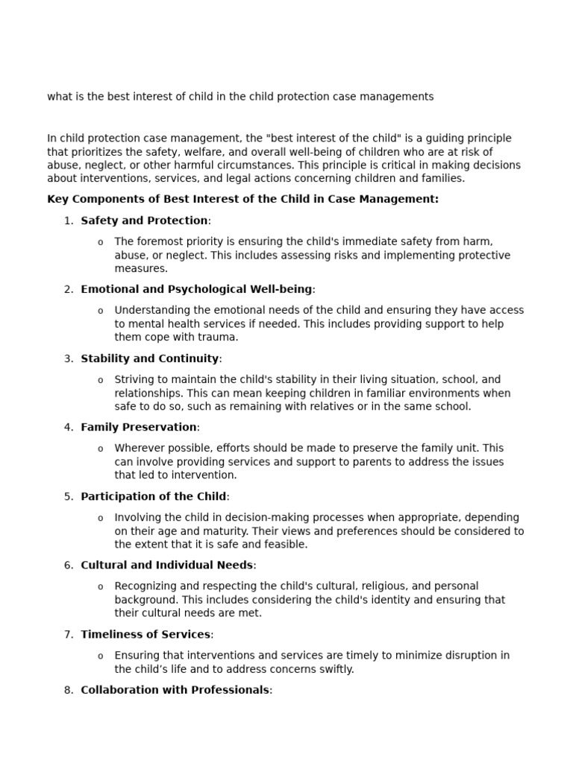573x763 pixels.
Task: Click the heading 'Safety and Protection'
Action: pos(144,221)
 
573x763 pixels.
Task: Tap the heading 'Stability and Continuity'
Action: pos(149,358)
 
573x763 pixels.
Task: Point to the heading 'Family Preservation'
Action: pos(139,427)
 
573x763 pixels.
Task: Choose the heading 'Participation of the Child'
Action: pos(153,496)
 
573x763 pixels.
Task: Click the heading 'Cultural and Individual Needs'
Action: pos(167,565)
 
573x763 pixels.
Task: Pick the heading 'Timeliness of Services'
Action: pos(145,634)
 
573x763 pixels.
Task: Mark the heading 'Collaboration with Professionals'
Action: pos(175,690)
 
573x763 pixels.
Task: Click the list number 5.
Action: pos(69,496)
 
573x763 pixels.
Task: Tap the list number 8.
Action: pos(69,690)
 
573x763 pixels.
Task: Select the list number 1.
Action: pos(69,221)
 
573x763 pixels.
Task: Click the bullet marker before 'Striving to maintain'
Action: pos(101,380)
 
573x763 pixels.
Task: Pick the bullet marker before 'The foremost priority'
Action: pos(101,242)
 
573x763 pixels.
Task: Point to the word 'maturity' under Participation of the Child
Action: pos(228,531)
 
